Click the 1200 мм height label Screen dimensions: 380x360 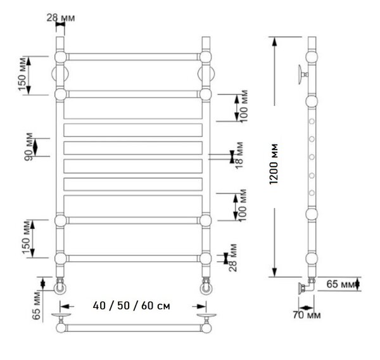274,164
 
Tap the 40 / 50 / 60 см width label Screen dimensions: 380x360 131,305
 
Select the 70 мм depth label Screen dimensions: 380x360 307,315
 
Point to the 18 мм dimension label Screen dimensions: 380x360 239,155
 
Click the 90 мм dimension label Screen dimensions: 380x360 28,147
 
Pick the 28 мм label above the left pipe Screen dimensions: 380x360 61,18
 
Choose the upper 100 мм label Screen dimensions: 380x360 244,106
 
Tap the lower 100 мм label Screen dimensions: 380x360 243,205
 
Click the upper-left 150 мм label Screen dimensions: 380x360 22,74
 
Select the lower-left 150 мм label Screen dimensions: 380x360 26,238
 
